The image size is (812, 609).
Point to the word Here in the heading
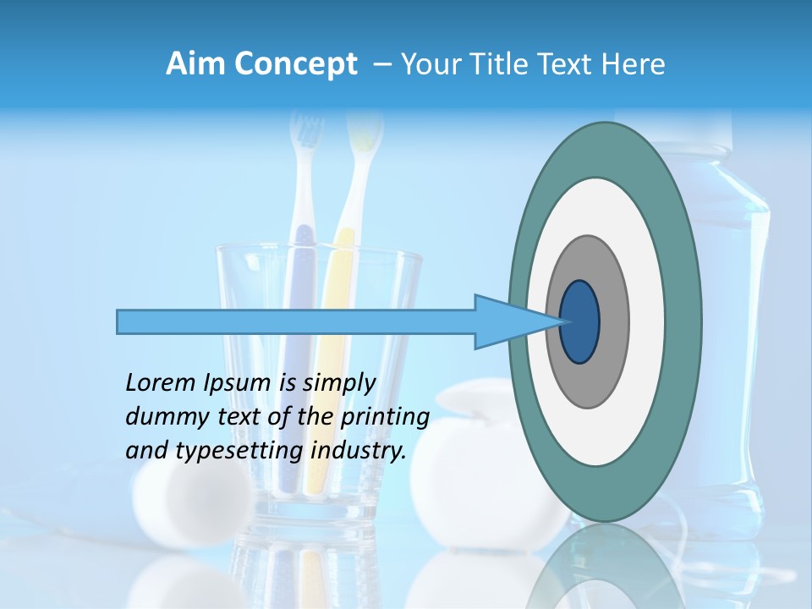point(633,64)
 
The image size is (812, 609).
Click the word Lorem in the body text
point(160,383)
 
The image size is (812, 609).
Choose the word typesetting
point(239,451)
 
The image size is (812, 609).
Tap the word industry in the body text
point(358,451)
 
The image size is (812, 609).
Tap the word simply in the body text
point(339,383)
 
